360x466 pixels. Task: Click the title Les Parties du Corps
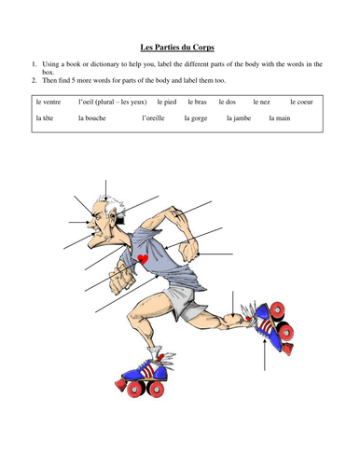[179, 46]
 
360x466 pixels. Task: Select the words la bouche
[93, 118]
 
